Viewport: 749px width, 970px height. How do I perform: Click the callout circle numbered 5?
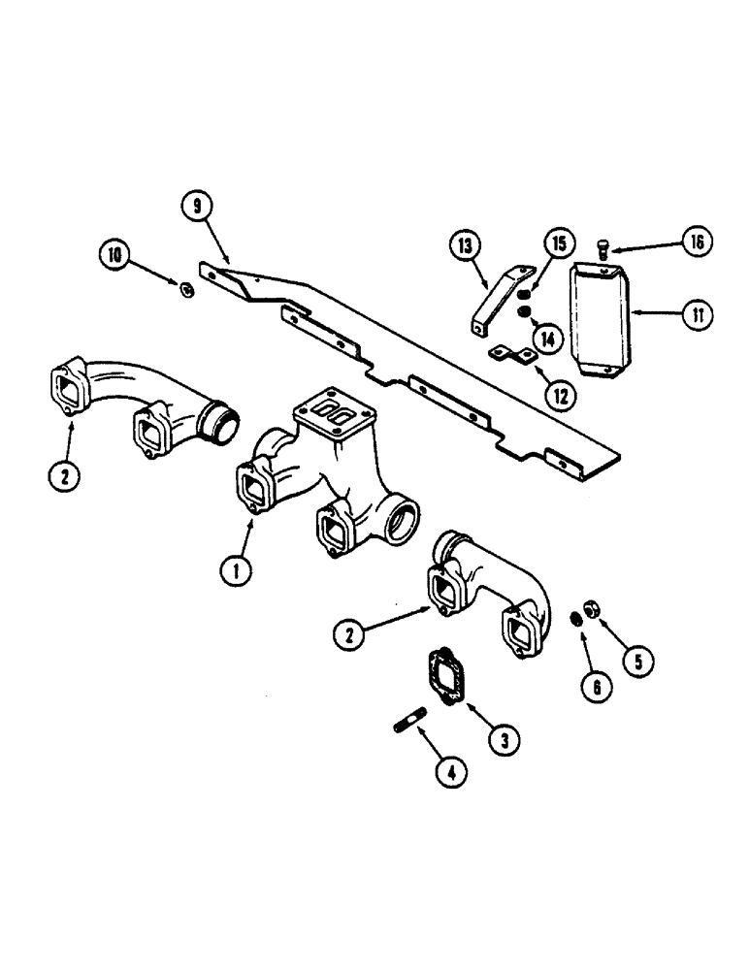click(636, 663)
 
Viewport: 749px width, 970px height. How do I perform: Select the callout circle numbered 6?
click(596, 686)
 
